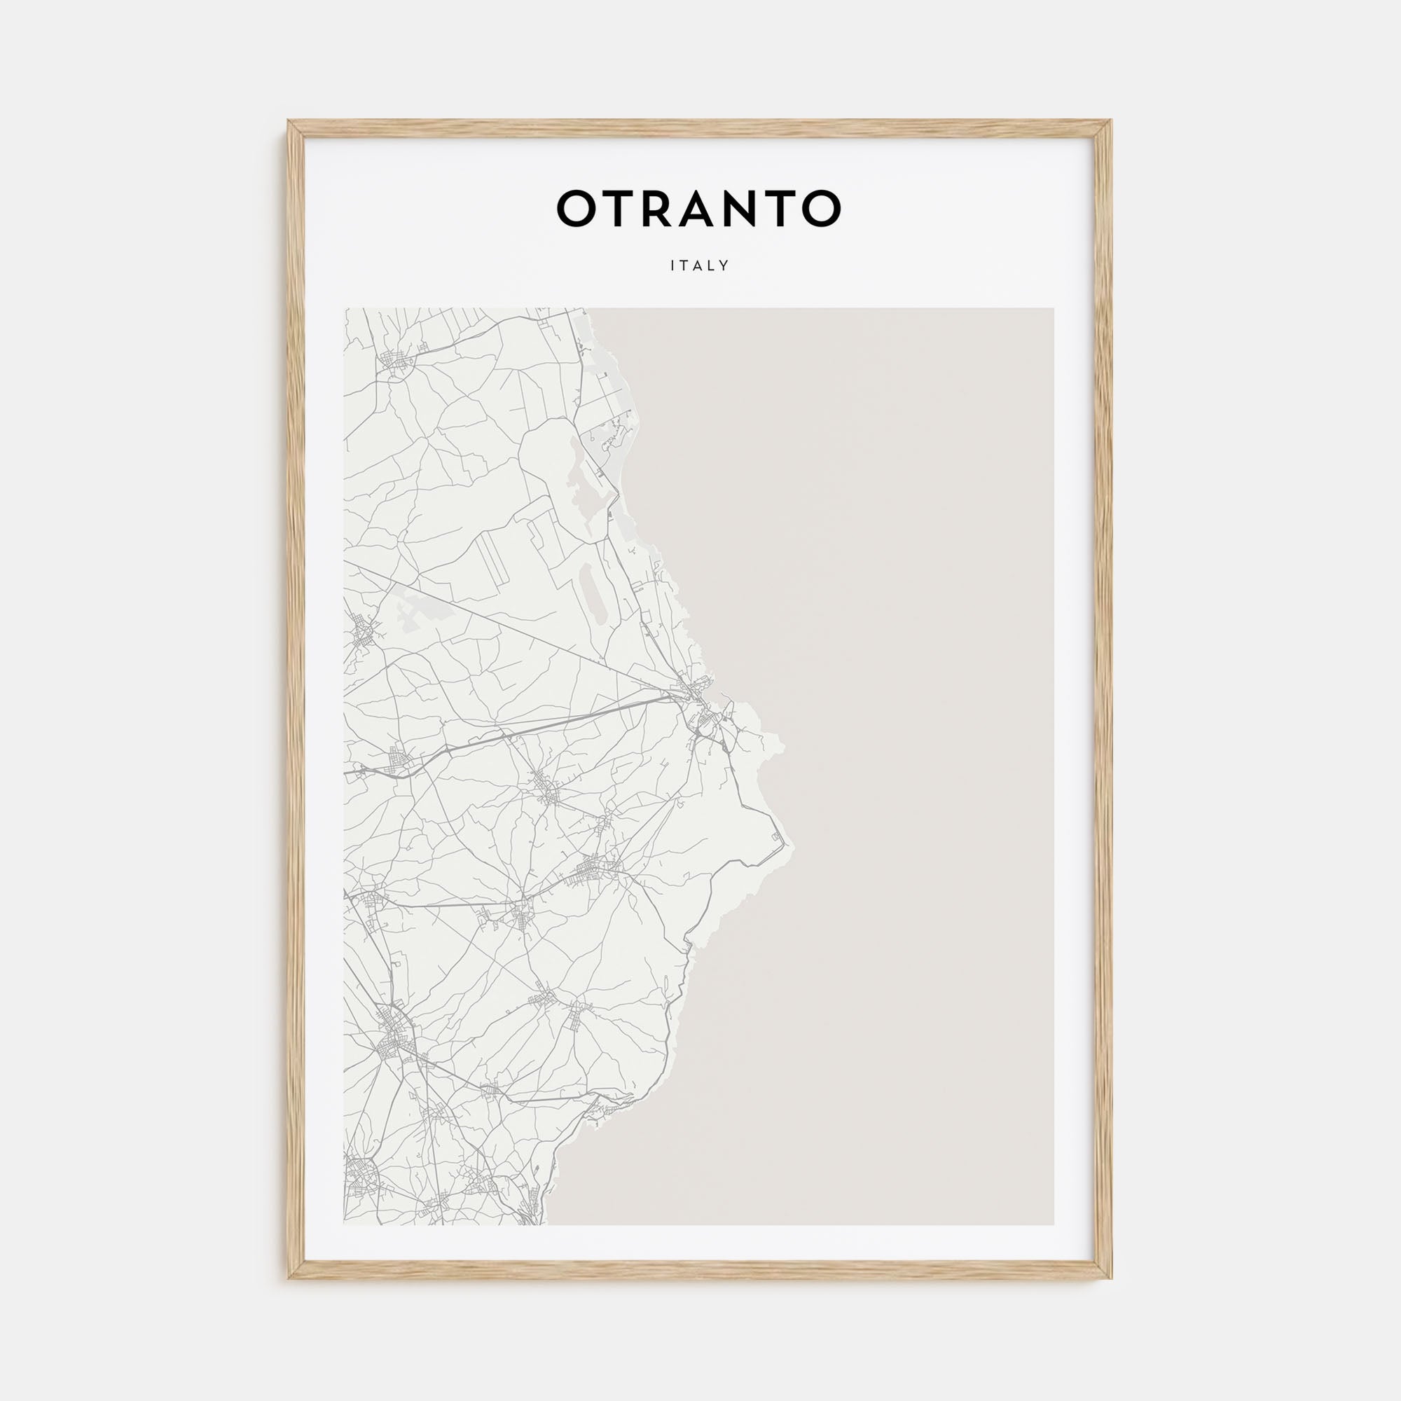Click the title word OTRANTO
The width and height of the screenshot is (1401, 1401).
(x=698, y=208)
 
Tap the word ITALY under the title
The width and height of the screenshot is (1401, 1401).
(x=700, y=266)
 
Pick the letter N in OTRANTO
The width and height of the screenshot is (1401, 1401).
(x=745, y=208)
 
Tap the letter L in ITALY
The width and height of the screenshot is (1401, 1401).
(x=712, y=266)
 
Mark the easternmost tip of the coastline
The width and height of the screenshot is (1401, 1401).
(x=792, y=846)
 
